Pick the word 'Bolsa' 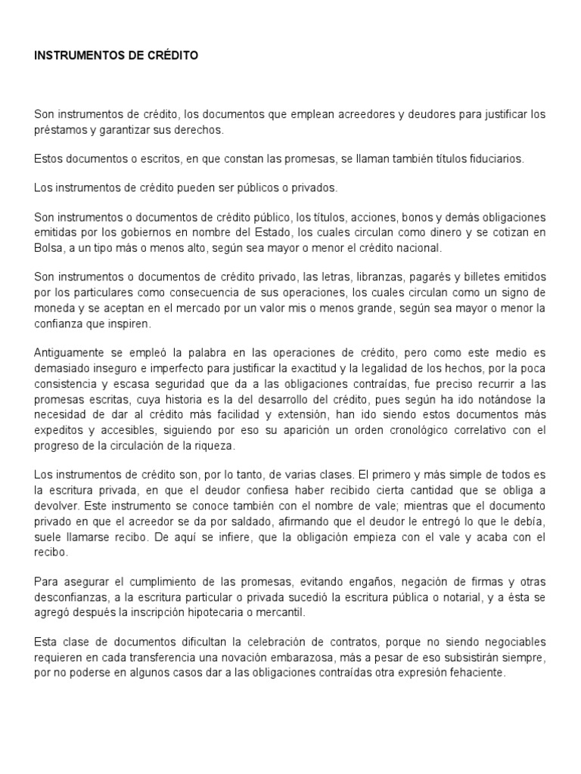point(49,248)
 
